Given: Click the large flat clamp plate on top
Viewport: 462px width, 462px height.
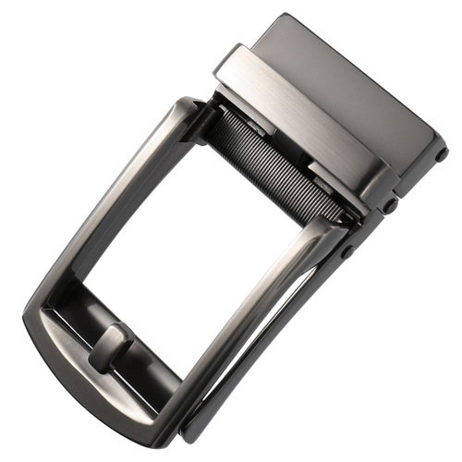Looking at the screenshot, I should (351, 88).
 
